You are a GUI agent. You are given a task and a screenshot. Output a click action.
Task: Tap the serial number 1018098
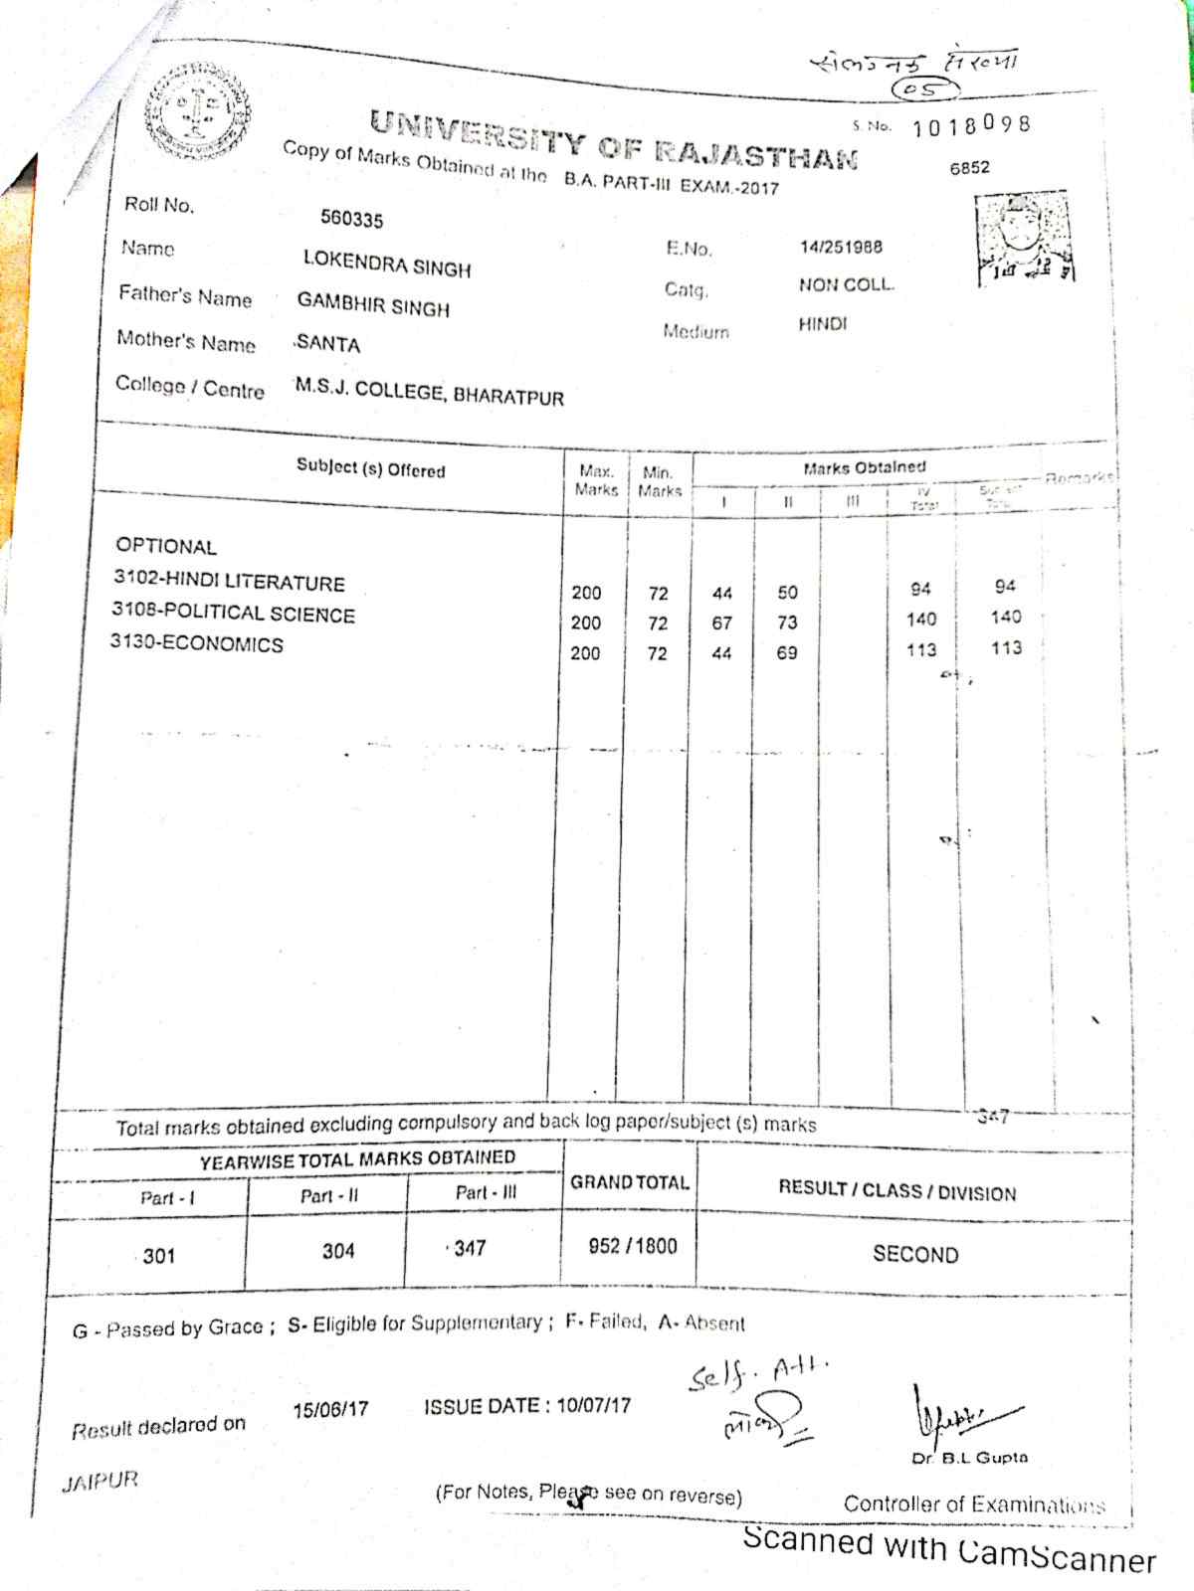(970, 126)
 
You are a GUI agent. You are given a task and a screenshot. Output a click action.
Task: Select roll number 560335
(351, 219)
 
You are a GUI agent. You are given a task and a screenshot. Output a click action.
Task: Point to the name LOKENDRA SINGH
(387, 264)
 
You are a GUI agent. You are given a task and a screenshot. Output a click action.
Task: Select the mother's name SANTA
(328, 345)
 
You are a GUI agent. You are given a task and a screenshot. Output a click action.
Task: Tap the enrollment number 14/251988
(841, 247)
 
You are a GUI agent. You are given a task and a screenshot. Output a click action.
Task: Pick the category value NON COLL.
(846, 285)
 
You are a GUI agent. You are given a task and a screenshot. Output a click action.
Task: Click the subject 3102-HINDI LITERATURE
(229, 583)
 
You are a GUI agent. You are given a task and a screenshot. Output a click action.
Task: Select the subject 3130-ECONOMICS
(197, 644)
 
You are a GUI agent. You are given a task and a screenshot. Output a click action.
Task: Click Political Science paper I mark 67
(722, 623)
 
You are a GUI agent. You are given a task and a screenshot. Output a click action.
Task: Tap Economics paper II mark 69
(787, 653)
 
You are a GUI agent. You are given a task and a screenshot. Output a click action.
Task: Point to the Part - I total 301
(159, 1256)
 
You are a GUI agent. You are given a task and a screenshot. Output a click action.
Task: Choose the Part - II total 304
(338, 1251)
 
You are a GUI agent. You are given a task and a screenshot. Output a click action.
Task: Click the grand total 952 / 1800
(633, 1246)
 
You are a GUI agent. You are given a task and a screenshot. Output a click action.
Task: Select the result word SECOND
(915, 1255)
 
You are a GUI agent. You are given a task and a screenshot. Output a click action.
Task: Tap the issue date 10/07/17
(594, 1406)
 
